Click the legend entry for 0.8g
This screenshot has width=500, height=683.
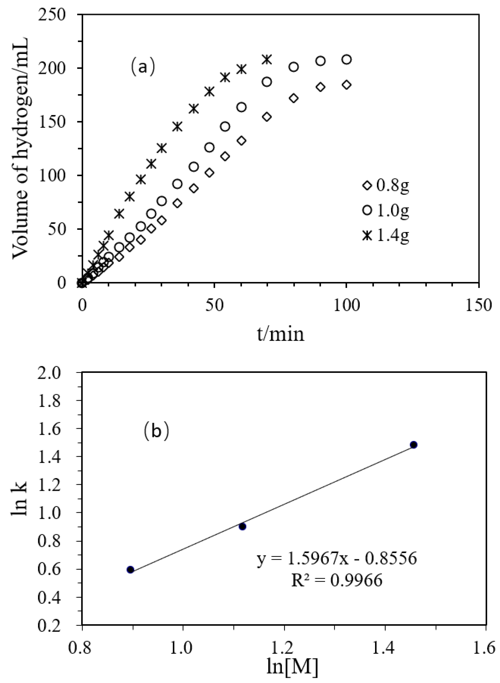pos(386,185)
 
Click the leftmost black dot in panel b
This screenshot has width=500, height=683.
pos(130,570)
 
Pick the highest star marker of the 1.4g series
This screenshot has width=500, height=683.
pos(266,59)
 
